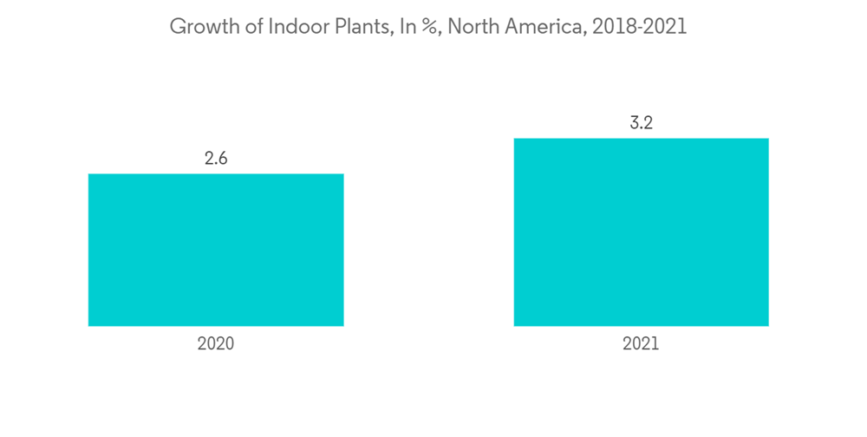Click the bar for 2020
tap(216, 250)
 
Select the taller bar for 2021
tap(641, 232)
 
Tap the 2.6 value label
tap(216, 159)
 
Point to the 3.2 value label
tap(641, 123)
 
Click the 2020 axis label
tap(216, 343)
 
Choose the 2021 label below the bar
tap(641, 343)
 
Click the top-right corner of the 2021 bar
tap(768, 139)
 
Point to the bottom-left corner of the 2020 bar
tap(89, 326)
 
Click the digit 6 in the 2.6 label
tap(223, 159)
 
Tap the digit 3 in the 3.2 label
tap(634, 123)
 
